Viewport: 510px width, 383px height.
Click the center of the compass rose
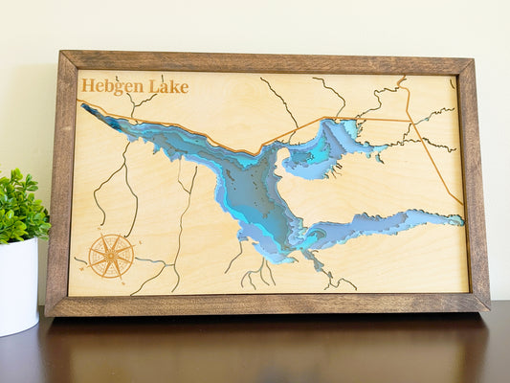pyautogui.click(x=110, y=255)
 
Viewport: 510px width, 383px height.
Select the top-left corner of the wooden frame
pyautogui.click(x=60, y=53)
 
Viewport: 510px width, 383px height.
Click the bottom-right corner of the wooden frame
pyautogui.click(x=488, y=310)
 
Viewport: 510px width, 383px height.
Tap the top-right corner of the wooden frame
pyautogui.click(x=472, y=59)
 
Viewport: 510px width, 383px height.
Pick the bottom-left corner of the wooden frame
pyautogui.click(x=47, y=315)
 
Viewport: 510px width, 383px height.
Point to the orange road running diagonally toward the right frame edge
pyautogui.click(x=435, y=163)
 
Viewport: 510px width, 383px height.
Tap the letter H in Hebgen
pyautogui.click(x=87, y=85)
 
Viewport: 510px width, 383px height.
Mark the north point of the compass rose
pyautogui.click(x=110, y=236)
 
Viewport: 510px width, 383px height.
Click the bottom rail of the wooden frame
pyautogui.click(x=268, y=304)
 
